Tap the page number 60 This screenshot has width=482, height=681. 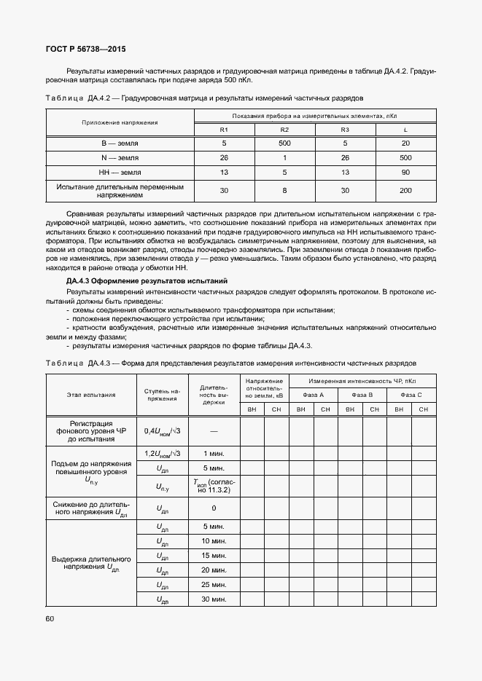(50, 618)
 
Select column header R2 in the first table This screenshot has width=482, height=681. (284, 130)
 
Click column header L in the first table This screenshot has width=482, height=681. (405, 130)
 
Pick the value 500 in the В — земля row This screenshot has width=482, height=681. (284, 143)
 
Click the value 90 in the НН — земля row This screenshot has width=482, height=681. (405, 173)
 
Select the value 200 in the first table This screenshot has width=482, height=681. (405, 191)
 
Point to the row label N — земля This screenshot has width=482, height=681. (120, 158)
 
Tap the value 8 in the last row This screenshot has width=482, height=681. (284, 191)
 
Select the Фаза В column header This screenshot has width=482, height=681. (362, 394)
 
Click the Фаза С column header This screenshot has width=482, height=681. (411, 394)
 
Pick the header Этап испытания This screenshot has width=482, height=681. (91, 394)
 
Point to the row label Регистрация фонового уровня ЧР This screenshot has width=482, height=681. (91, 431)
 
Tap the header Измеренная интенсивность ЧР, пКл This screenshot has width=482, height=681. (362, 380)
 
